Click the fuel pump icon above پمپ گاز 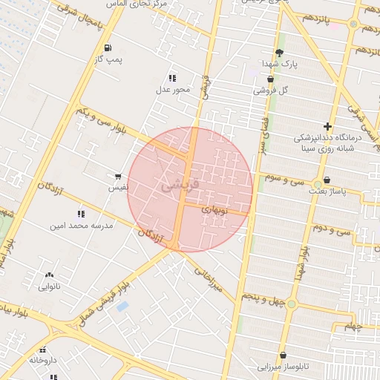pos(108,47)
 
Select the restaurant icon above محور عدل pos(172,78)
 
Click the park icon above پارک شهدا pos(279,53)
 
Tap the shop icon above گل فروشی pos(270,79)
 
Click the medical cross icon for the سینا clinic pos(327,126)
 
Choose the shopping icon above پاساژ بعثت pos(327,180)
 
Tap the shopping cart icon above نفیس pos(118,177)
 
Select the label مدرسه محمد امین pos(82,225)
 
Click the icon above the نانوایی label pos(49,275)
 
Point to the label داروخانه pos(43,359)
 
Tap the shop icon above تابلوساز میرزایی pos(283,356)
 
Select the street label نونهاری pos(217,210)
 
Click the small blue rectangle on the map pos(122,306)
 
